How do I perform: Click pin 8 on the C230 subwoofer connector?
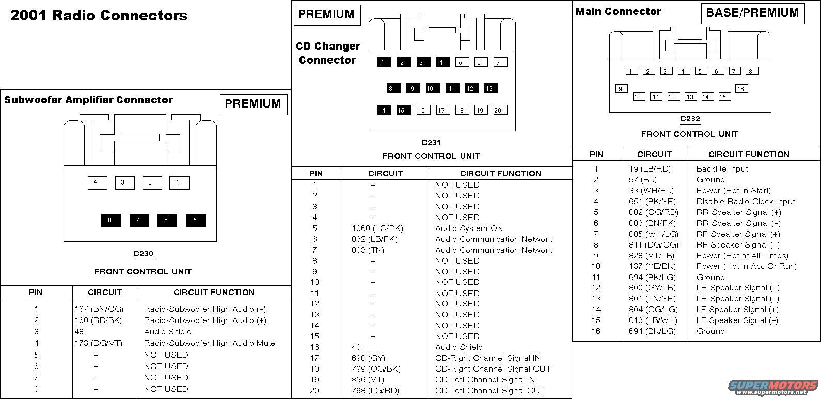pyautogui.click(x=111, y=220)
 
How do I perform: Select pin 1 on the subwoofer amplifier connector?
pyautogui.click(x=179, y=182)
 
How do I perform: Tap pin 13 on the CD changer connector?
pyautogui.click(x=490, y=88)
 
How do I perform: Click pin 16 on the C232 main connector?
pyautogui.click(x=741, y=89)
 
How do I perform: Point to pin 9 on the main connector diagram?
pyautogui.click(x=621, y=89)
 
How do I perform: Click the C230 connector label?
pyautogui.click(x=143, y=254)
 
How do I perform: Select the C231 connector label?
pyautogui.click(x=431, y=143)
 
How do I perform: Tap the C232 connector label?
pyautogui.click(x=690, y=119)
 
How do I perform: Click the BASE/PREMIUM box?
pyautogui.click(x=752, y=13)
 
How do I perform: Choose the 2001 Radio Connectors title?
pyautogui.click(x=99, y=16)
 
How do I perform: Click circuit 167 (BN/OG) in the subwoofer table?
pyautogui.click(x=99, y=309)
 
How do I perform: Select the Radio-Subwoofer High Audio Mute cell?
pyautogui.click(x=209, y=343)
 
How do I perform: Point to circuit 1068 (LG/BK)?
pyautogui.click(x=377, y=228)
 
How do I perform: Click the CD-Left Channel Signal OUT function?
pyautogui.click(x=491, y=391)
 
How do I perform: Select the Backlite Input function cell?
pyautogui.click(x=722, y=169)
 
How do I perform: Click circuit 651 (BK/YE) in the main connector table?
pyautogui.click(x=652, y=202)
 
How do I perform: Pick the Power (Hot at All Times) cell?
pyautogui.click(x=742, y=256)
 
